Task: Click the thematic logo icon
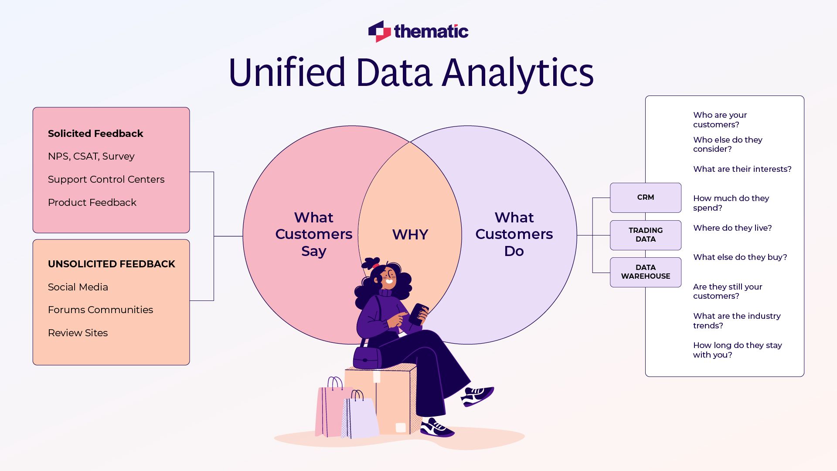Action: point(379,31)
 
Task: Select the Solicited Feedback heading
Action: point(95,133)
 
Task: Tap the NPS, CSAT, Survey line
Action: point(91,156)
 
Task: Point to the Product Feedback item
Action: point(92,202)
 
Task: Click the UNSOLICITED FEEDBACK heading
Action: point(111,264)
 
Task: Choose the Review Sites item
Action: point(78,333)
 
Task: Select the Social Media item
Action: point(78,287)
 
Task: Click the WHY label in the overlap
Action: point(410,235)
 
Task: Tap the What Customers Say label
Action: point(313,234)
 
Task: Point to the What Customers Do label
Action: point(514,234)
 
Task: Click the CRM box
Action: point(645,198)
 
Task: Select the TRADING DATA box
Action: point(645,235)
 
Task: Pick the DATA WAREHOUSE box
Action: point(645,272)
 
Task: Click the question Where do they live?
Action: point(732,228)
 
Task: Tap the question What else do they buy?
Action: point(740,257)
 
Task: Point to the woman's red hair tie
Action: point(375,265)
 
